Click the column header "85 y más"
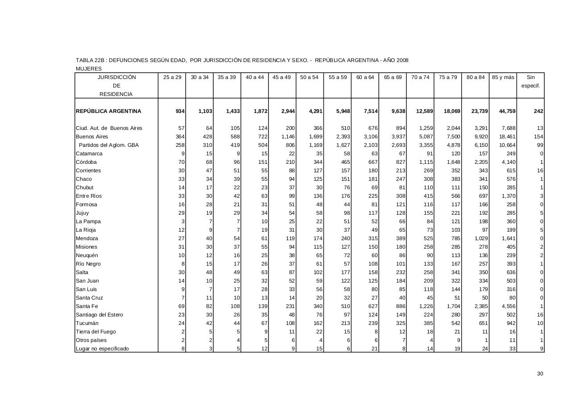[x=503, y=77]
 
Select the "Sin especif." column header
[x=530, y=81]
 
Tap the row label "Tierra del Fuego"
[x=95, y=332]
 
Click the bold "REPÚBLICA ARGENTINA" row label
[x=108, y=111]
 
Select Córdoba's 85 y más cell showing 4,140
[x=508, y=162]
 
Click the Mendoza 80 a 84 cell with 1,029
[x=480, y=238]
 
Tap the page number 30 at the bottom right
[x=540, y=374]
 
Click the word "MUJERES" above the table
[x=89, y=69]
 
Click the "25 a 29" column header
[x=172, y=77]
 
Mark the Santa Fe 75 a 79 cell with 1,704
[x=453, y=306]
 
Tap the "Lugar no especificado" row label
[x=102, y=349]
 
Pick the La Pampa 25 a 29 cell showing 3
[x=182, y=221]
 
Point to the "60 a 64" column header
[x=365, y=77]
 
